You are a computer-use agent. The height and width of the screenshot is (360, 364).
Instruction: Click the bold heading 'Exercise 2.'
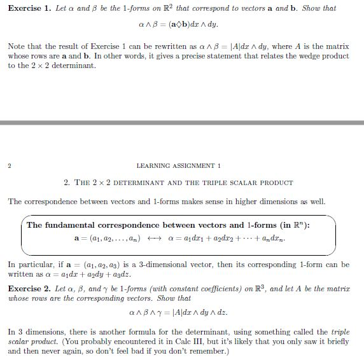click(30, 288)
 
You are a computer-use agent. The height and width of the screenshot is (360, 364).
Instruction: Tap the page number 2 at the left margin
click(10, 166)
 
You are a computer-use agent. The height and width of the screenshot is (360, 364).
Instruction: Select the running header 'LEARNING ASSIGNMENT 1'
click(178, 166)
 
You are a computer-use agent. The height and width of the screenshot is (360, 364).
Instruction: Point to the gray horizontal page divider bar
click(182, 122)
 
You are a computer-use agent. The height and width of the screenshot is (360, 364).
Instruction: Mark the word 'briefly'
click(337, 341)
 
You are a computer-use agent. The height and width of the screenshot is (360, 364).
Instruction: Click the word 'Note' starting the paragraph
click(16, 46)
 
